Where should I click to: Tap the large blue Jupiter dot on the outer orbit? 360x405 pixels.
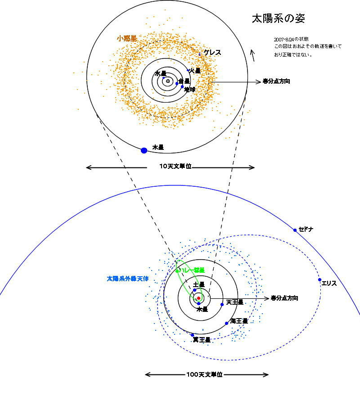click(144, 150)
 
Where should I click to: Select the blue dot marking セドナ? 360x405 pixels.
click(295, 230)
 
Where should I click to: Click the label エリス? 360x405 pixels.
click(329, 283)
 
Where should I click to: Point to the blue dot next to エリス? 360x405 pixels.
click(320, 280)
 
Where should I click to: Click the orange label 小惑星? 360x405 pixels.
click(126, 39)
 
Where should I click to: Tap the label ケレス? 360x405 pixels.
click(212, 53)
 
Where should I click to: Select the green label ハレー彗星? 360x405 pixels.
click(193, 270)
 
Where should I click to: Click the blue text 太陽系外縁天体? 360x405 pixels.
click(127, 279)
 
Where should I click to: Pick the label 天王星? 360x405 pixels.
click(234, 302)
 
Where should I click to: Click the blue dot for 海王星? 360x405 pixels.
click(227, 323)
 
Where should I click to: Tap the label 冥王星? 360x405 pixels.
click(202, 340)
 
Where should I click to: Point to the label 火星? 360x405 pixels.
click(195, 71)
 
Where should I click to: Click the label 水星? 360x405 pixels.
click(160, 73)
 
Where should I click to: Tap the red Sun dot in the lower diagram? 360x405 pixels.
click(198, 298)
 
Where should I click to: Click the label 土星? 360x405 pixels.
click(199, 285)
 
